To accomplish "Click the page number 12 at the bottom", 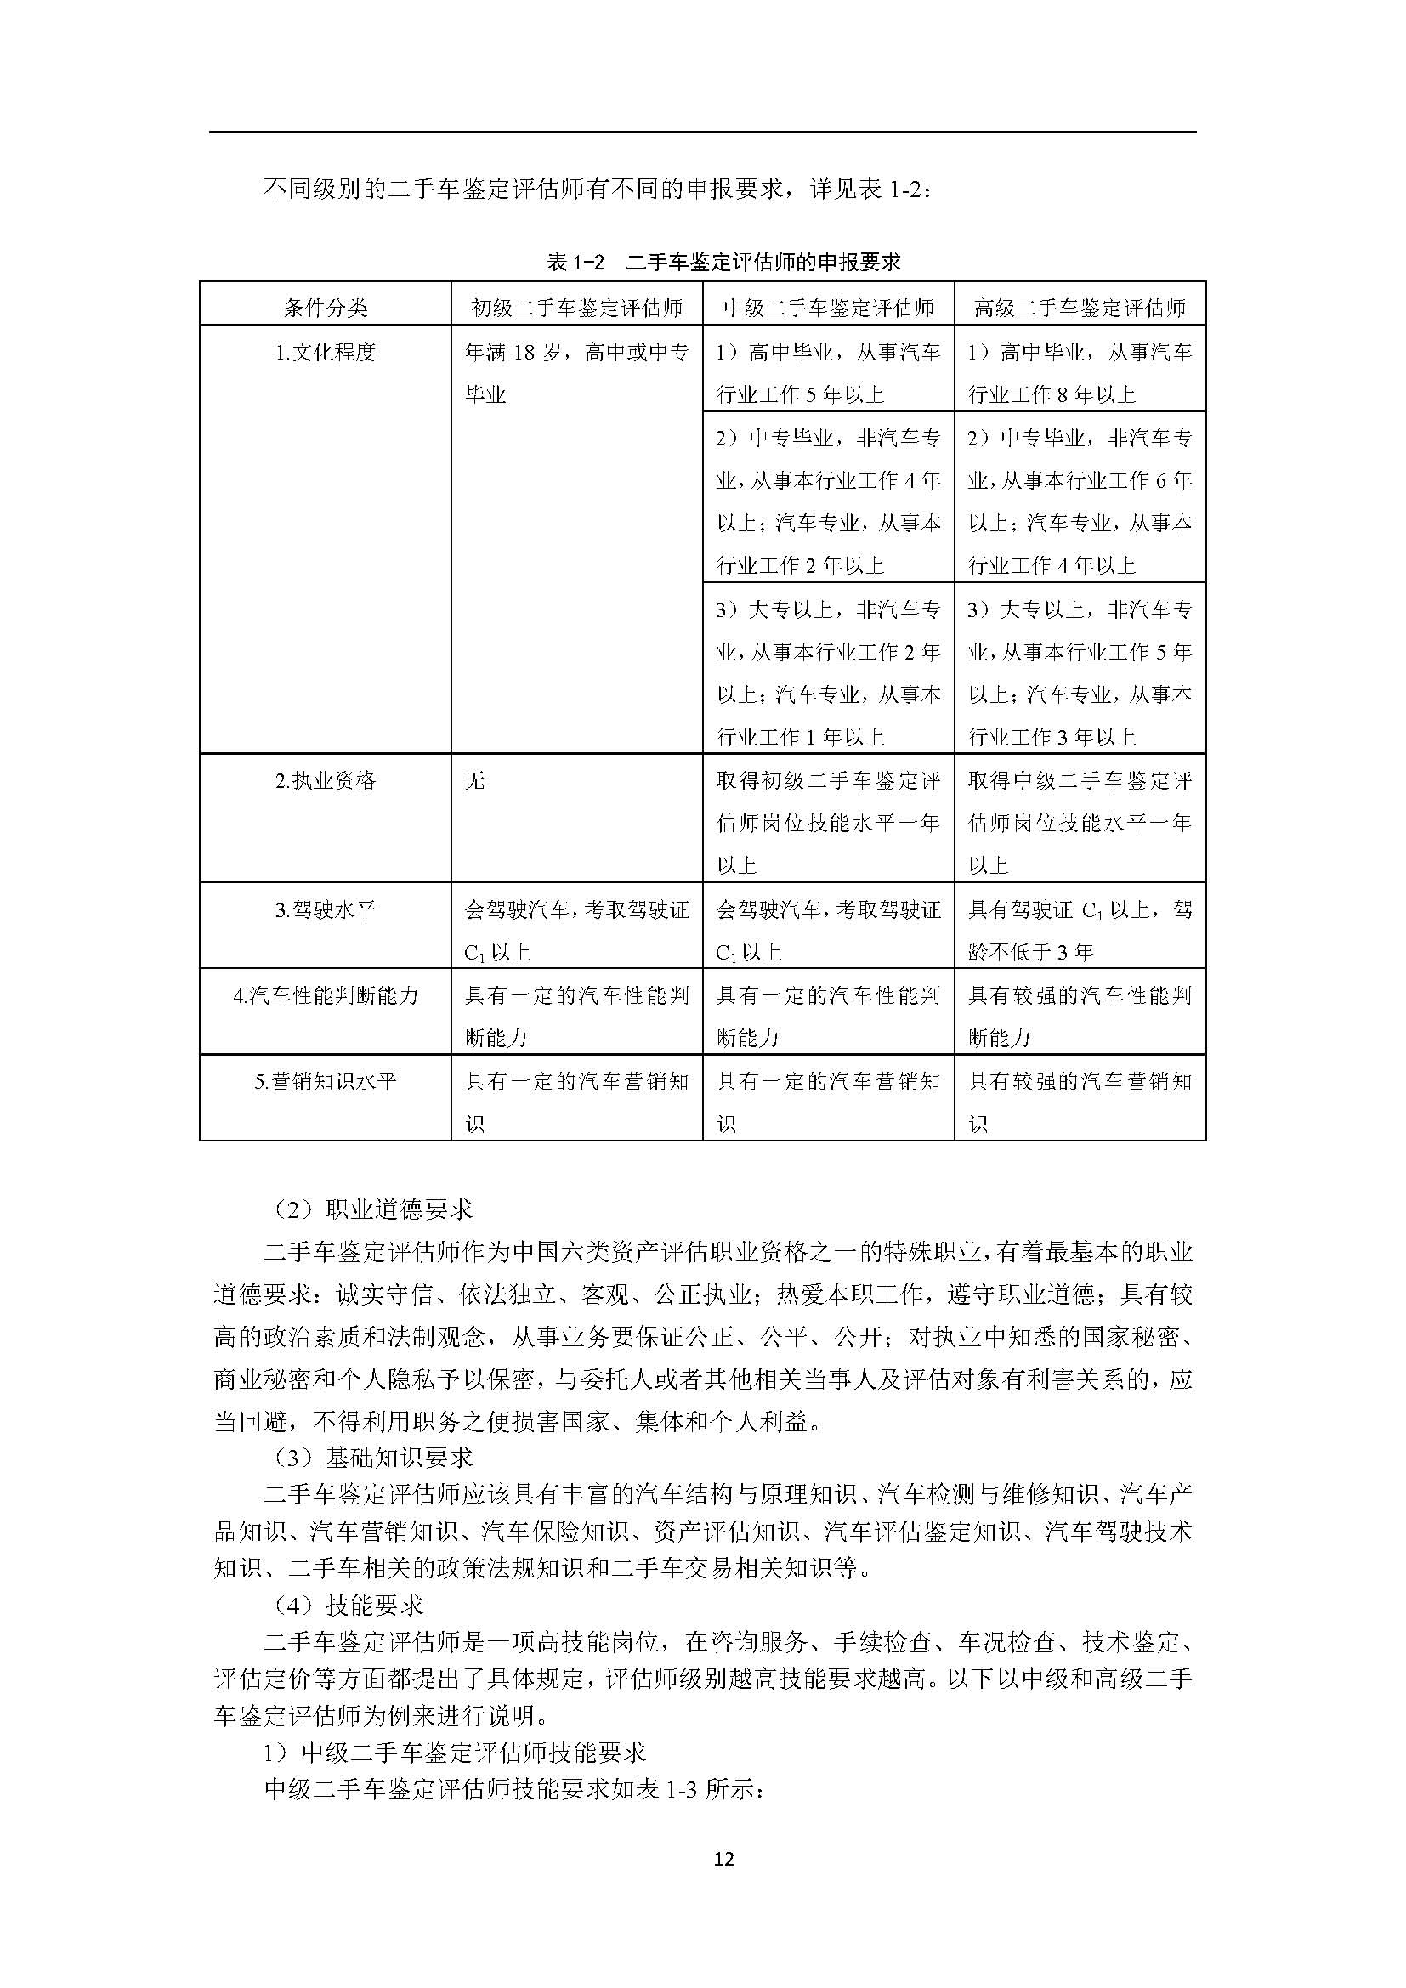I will [x=724, y=1859].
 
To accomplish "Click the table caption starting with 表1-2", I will [x=723, y=262].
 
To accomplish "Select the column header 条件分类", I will [x=326, y=308].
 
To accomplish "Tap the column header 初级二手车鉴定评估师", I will [x=576, y=308].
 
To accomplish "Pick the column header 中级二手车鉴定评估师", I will [x=829, y=308].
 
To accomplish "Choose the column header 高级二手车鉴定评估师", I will [x=1080, y=308].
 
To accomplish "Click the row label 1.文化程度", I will [x=326, y=353].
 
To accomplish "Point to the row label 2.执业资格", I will [x=326, y=781].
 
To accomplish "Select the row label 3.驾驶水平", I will [x=326, y=910].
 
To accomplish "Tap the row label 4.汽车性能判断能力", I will [x=326, y=996].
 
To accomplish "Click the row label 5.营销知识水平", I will [x=326, y=1081].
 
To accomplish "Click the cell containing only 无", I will [x=475, y=781].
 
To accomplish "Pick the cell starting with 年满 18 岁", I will [x=576, y=373].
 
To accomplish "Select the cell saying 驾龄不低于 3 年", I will [x=1080, y=931].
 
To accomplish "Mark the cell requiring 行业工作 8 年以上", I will [x=1080, y=373].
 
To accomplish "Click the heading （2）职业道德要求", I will [x=372, y=1209].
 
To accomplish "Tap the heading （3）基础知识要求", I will [x=372, y=1458].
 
